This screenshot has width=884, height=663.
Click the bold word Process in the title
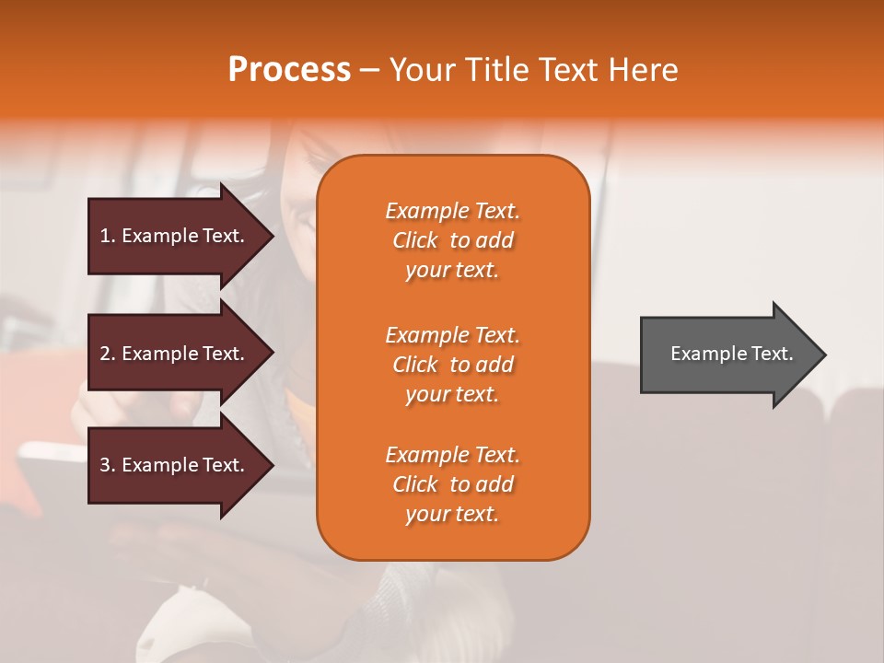coord(289,70)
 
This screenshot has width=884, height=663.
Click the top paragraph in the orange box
coord(452,240)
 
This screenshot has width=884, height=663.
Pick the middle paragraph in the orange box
coord(452,365)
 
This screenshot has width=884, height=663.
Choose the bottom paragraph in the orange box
coord(452,484)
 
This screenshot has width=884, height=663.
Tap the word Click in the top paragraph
coord(415,241)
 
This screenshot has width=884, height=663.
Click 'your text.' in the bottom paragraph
coord(452,515)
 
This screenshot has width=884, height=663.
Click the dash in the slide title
coord(369,71)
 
